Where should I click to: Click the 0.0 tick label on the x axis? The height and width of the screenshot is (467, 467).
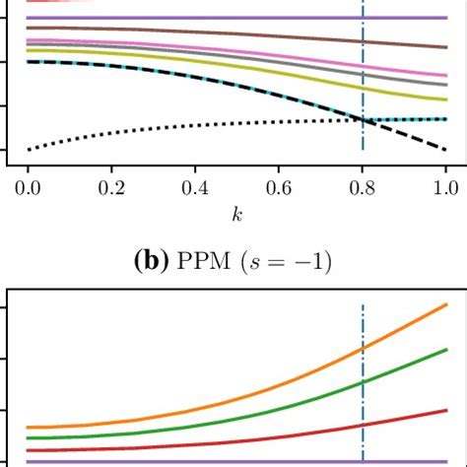click(29, 183)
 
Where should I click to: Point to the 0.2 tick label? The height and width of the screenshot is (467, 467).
click(133, 183)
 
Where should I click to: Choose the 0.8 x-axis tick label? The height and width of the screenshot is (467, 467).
click(364, 183)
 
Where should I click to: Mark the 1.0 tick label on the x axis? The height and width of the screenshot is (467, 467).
click(445, 183)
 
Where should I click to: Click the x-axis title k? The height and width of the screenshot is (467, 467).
click(236, 211)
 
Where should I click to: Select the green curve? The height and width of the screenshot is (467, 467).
click(296, 408)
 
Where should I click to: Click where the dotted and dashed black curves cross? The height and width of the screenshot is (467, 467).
click(364, 119)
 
